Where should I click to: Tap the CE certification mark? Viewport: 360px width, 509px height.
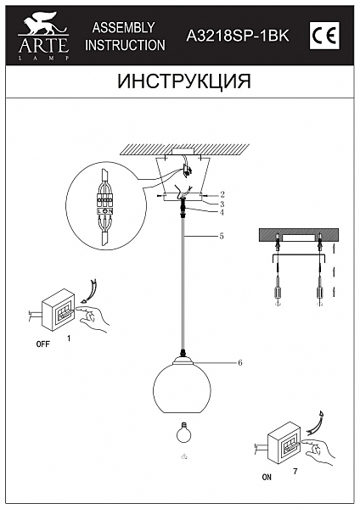[326, 35]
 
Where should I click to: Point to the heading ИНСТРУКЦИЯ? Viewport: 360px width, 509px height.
[179, 82]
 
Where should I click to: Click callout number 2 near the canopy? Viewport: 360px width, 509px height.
[222, 194]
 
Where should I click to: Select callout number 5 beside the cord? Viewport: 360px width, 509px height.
[222, 236]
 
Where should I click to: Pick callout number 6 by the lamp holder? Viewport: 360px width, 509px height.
[240, 362]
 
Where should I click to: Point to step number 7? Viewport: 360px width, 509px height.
[294, 469]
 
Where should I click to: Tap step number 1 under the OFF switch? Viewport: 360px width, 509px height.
[68, 338]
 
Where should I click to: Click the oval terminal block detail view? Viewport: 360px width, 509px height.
[104, 205]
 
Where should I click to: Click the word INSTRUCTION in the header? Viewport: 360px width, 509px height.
[125, 45]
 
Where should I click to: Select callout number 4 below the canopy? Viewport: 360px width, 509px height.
[222, 212]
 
